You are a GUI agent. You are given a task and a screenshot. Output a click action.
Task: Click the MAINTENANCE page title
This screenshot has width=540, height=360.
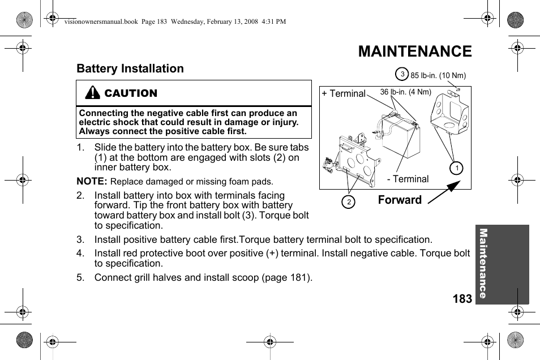coord(414,52)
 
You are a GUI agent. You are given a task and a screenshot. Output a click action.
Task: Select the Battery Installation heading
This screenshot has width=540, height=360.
coord(130,68)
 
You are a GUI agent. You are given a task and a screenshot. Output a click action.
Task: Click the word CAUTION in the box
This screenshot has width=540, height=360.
coord(131,93)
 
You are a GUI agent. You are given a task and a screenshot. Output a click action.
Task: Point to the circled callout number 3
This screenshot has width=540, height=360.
coord(401,74)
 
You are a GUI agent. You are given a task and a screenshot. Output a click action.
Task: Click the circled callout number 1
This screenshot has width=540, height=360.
coord(456,168)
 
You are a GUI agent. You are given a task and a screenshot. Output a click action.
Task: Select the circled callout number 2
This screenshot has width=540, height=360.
coord(349,202)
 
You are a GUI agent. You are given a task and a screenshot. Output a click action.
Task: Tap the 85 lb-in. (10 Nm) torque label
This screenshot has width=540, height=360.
coord(438,75)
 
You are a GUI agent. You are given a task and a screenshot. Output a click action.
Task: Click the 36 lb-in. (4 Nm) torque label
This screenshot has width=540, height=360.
coord(405,92)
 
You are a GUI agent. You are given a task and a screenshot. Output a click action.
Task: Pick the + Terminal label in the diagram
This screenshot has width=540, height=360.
coord(343,94)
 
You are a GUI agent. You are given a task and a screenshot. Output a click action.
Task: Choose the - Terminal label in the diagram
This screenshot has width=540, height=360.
coord(408,179)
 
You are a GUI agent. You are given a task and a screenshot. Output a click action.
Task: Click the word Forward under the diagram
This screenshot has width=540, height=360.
coord(400,200)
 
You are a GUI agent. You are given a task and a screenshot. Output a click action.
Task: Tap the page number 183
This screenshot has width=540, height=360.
coord(462,299)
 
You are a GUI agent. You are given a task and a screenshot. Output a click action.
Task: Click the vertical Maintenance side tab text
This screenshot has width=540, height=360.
coord(483,263)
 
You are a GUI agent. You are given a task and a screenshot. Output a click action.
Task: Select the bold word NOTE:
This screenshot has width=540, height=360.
coord(92,181)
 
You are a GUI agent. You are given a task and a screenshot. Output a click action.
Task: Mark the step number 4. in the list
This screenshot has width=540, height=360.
coord(80,254)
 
